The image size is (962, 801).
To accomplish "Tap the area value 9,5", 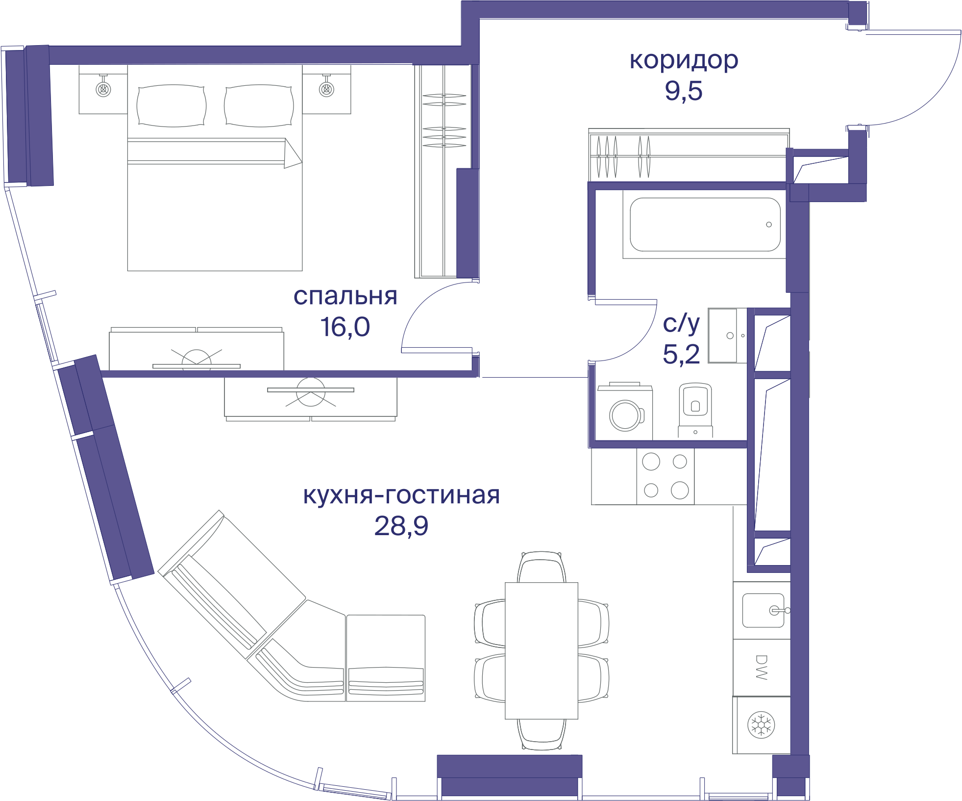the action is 684,91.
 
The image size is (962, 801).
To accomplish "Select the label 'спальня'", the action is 345,296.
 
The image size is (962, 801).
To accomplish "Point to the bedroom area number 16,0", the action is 345,327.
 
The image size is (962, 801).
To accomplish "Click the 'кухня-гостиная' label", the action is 401,495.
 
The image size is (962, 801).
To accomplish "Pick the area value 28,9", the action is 401,526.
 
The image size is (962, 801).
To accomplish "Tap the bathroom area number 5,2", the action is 681,354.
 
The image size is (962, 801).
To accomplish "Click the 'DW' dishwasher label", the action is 761,667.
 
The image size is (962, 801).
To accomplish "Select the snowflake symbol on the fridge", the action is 761,724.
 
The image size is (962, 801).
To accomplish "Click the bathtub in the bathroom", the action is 705,224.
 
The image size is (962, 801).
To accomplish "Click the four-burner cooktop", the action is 666,476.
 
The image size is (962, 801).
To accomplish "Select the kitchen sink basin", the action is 763,611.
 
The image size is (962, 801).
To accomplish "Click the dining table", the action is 542,651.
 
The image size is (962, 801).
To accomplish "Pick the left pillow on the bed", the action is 172,106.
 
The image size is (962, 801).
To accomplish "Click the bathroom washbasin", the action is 723,336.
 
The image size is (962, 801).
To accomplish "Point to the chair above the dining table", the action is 542,567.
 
